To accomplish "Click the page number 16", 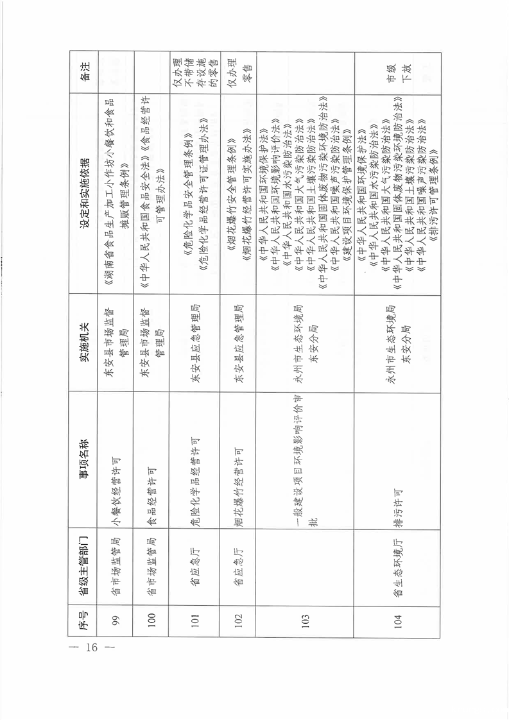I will pyautogui.click(x=89, y=647).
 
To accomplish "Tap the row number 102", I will pyautogui.click(x=237, y=621).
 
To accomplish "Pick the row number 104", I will pyautogui.click(x=398, y=621).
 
